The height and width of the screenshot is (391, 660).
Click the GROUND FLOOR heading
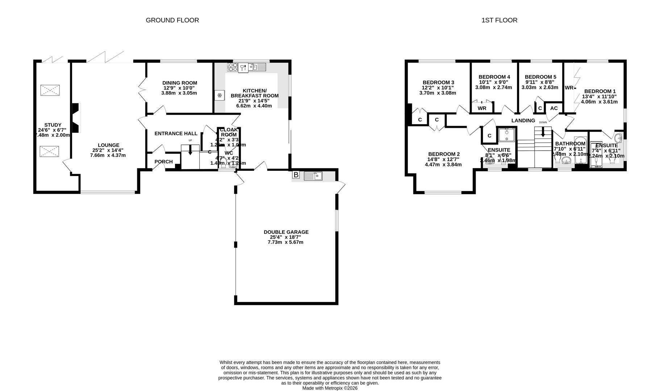pos(172,20)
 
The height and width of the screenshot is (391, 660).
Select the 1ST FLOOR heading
pos(499,20)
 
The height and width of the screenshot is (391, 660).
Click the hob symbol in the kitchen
pos(232,67)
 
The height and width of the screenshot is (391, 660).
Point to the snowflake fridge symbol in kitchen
pos(219,96)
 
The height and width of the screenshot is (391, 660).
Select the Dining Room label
pos(179,83)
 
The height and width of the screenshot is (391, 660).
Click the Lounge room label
pos(108,145)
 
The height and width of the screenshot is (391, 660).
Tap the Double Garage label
pos(286,232)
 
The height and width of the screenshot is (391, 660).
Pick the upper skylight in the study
pos(50,90)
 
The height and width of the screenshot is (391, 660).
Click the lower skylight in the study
pos(50,151)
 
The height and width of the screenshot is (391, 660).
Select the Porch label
pos(163,161)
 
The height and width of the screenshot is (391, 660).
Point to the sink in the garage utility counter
pos(313,176)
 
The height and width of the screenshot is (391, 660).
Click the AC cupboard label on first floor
pos(554,108)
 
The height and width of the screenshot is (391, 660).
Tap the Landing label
pos(523,121)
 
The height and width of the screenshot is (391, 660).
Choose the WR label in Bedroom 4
pos(482,108)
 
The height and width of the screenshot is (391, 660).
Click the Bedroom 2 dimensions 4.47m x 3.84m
pos(443,164)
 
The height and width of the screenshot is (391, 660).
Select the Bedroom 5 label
pos(540,77)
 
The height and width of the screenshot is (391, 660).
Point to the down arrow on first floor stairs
pos(543,133)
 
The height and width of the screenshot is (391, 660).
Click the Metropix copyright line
pos(330,388)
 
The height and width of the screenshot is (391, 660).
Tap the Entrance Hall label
pos(176,134)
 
